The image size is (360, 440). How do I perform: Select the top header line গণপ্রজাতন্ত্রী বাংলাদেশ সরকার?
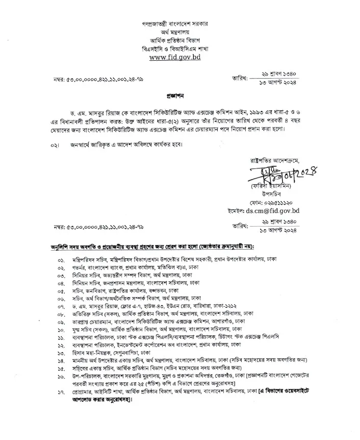click(179, 24)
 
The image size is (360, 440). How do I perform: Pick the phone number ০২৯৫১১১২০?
click(280, 202)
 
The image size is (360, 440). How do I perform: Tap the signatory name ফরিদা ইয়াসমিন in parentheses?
click(269, 187)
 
